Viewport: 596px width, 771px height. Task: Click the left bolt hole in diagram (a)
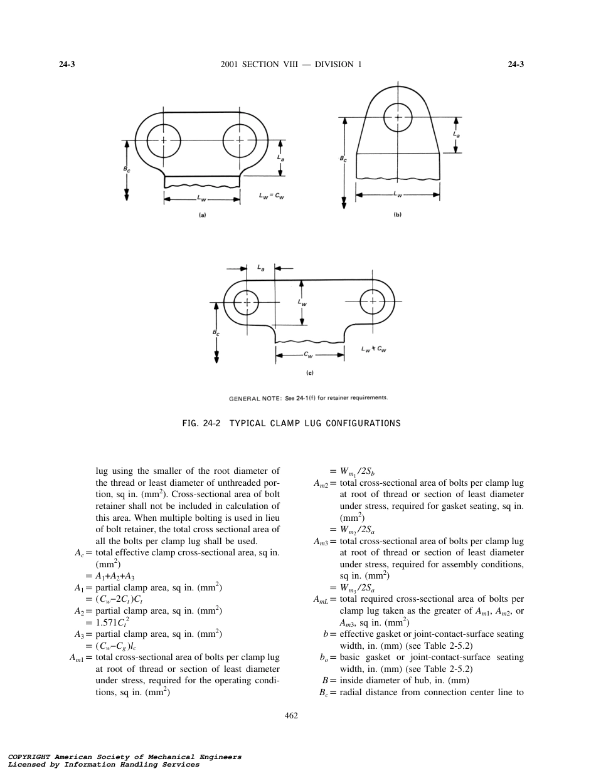[x=164, y=140]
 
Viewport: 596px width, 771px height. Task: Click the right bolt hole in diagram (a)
[x=239, y=140]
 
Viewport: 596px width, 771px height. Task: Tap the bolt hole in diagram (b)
[x=398, y=117]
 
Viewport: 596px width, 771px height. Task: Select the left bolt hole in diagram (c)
[x=247, y=302]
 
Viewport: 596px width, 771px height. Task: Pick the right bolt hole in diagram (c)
[x=373, y=302]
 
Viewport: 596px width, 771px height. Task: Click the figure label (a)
[x=202, y=215]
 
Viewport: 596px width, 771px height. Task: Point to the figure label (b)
[x=397, y=214]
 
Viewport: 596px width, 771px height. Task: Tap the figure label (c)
[x=309, y=373]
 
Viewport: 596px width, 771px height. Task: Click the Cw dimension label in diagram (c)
[x=309, y=355]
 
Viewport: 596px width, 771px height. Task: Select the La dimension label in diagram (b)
[x=455, y=134]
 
